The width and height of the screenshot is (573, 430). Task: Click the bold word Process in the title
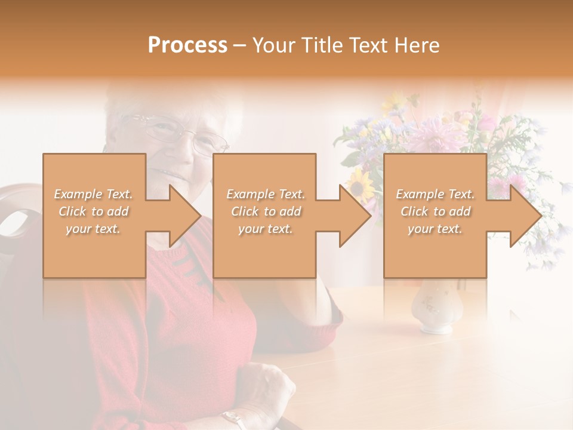point(187,45)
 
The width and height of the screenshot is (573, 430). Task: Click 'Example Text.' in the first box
point(93,194)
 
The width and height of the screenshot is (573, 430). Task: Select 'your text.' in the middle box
point(265,229)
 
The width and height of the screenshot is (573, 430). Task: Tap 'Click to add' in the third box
point(435,211)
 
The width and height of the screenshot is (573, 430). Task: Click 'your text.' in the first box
point(93,229)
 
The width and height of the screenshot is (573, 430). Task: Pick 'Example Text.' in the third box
point(435,194)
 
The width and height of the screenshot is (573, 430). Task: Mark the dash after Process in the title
point(240,45)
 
